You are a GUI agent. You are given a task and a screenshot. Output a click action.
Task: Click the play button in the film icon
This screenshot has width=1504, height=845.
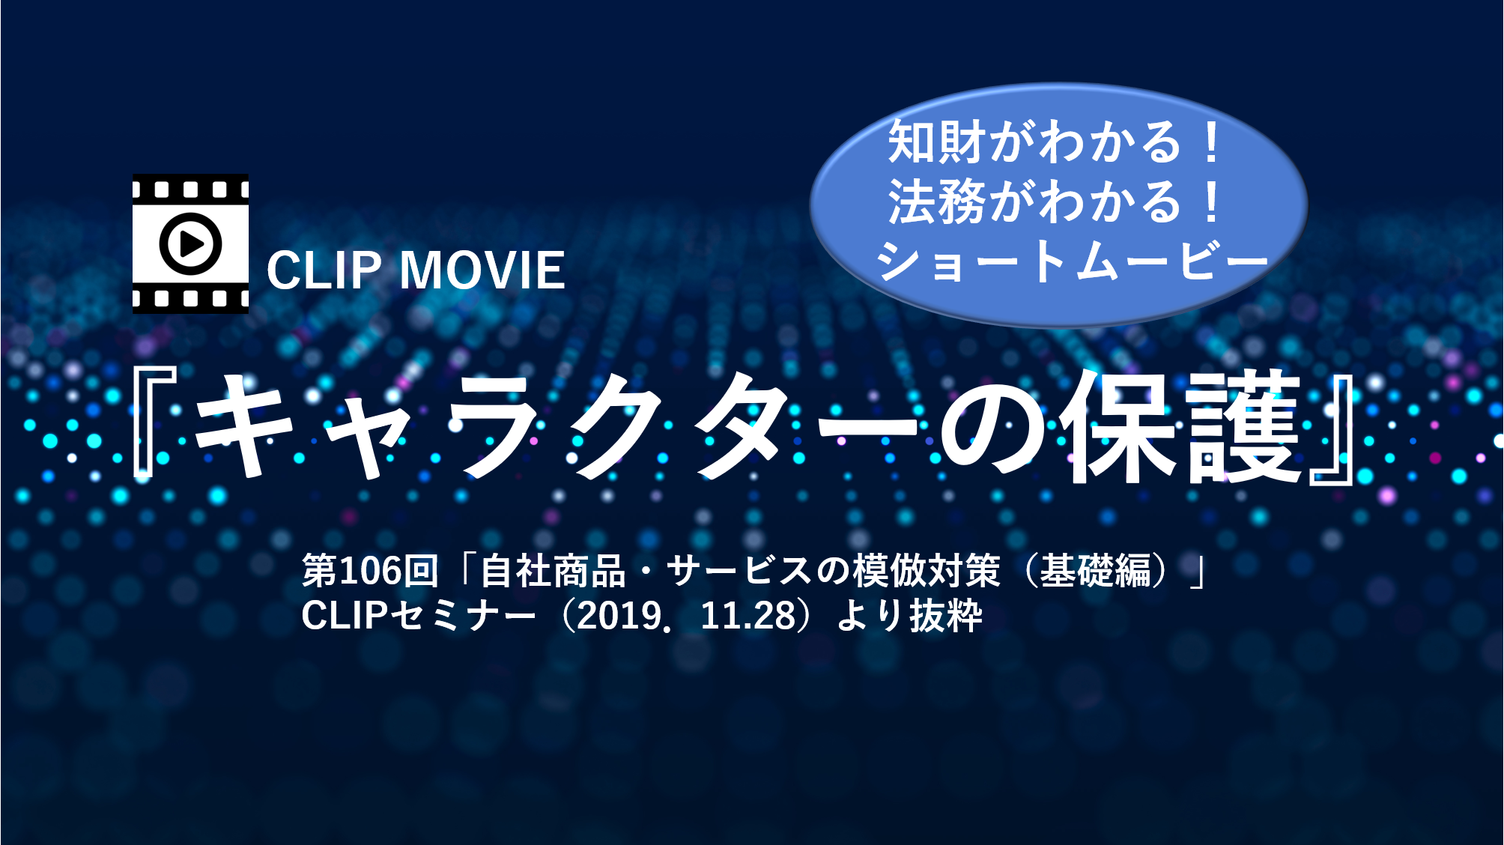click(190, 243)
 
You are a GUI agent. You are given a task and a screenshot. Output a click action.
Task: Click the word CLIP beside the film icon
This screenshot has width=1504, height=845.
click(324, 270)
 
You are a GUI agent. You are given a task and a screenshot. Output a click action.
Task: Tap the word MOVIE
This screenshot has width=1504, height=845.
click(482, 270)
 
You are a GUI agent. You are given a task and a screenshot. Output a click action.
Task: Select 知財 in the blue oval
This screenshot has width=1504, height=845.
click(936, 142)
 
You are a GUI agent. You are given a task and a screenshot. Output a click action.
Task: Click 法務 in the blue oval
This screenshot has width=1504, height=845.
click(936, 202)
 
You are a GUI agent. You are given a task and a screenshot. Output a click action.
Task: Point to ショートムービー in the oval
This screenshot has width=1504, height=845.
click(1072, 261)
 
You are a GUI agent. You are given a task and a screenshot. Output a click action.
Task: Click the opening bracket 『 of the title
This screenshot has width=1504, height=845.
click(154, 423)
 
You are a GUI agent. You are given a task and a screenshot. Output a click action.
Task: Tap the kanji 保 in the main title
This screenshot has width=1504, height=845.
click(1123, 426)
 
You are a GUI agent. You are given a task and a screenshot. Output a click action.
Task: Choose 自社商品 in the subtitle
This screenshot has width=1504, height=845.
click(553, 571)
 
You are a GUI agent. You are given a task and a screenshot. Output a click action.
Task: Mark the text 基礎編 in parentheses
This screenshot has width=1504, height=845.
click(1096, 571)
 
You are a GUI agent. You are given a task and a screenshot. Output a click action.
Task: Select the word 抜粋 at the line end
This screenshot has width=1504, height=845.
click(946, 616)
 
